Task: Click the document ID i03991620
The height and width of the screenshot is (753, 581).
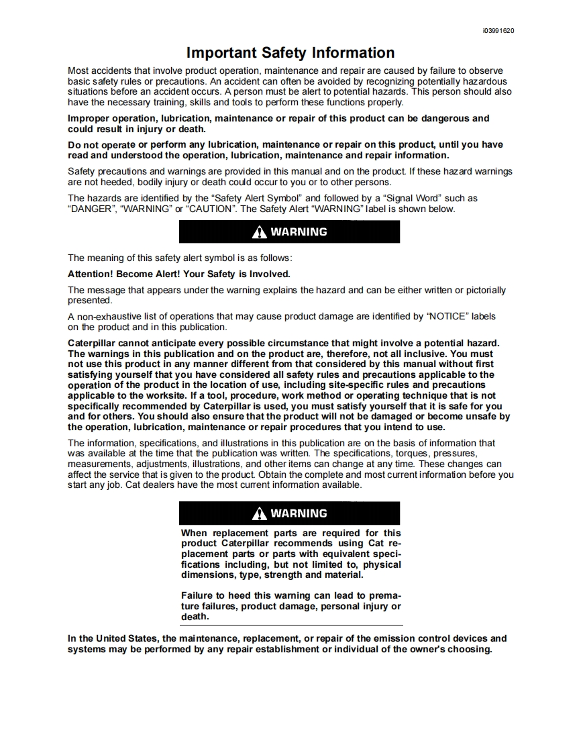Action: click(x=498, y=31)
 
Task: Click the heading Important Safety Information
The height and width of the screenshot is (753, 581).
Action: click(x=290, y=53)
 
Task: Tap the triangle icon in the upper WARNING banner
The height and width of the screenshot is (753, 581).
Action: click(x=259, y=232)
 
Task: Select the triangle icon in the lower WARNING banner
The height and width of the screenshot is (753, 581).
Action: click(x=259, y=514)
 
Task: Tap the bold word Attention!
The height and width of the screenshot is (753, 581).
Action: click(x=91, y=274)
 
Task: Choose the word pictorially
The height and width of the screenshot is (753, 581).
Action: click(x=481, y=290)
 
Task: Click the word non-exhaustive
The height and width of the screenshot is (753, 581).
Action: click(x=106, y=316)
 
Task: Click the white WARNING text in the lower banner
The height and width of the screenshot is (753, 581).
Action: click(x=299, y=513)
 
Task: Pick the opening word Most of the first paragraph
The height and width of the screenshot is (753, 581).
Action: click(x=78, y=70)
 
